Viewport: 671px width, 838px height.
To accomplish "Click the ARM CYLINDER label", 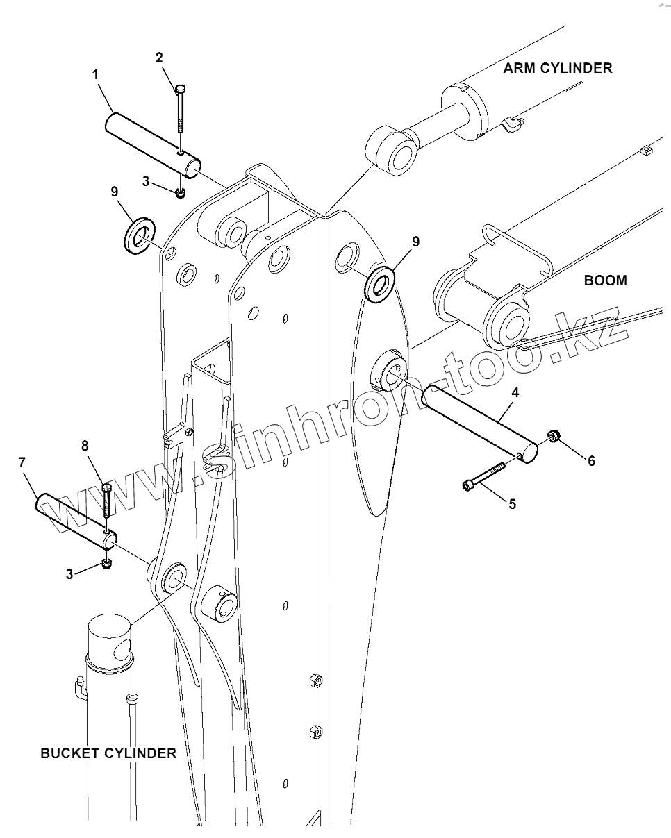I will (558, 68).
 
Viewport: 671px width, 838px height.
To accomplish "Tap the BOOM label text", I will (605, 280).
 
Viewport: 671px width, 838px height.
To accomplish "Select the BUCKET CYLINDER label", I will (108, 753).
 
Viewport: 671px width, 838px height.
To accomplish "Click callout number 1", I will (95, 73).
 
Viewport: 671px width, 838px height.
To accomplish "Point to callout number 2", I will (159, 58).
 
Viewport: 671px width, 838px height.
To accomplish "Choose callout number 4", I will (515, 392).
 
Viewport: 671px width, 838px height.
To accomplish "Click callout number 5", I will (512, 504).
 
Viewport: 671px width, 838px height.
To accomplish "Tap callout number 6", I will (591, 460).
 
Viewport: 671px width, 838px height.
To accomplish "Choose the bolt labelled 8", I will (106, 502).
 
